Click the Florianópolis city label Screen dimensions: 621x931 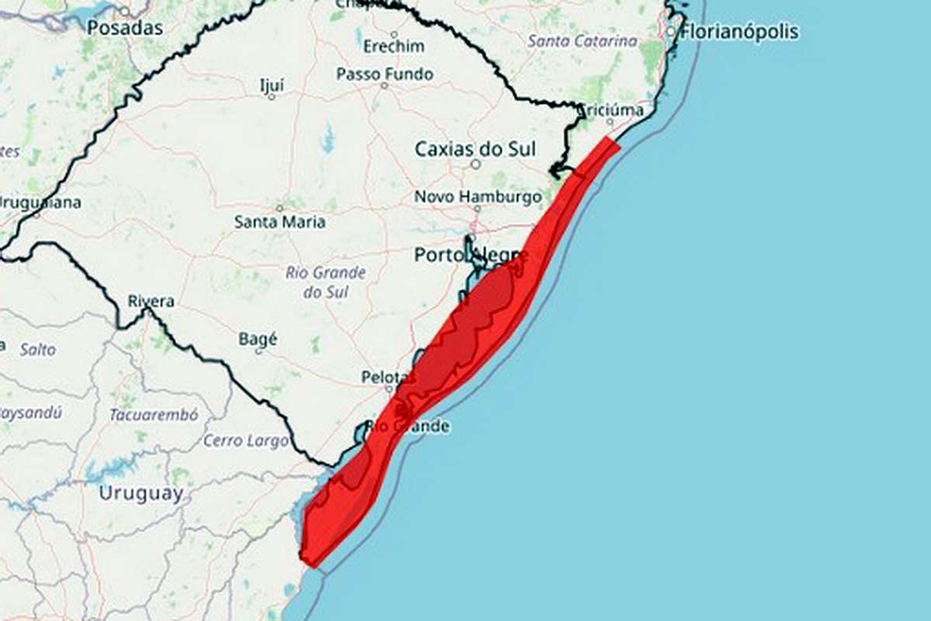click(739, 32)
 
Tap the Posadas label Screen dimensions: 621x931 click(125, 28)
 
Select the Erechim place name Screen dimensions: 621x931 click(394, 46)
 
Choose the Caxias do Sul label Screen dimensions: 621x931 click(475, 148)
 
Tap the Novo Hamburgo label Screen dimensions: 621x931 click(477, 197)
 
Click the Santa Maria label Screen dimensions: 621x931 click(279, 222)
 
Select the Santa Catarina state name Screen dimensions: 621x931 click(582, 41)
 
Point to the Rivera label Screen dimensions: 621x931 click(151, 301)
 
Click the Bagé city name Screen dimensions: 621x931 click(258, 339)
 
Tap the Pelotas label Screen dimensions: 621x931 click(385, 377)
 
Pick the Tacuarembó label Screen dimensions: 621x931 click(154, 415)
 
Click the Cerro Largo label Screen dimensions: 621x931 click(245, 441)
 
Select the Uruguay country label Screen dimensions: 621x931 click(141, 493)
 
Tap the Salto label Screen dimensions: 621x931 click(38, 349)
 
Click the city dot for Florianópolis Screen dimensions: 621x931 click(671, 32)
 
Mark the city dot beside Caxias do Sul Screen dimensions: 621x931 click(476, 164)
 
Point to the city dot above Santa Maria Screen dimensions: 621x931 click(279, 208)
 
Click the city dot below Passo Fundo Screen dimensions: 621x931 click(383, 85)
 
